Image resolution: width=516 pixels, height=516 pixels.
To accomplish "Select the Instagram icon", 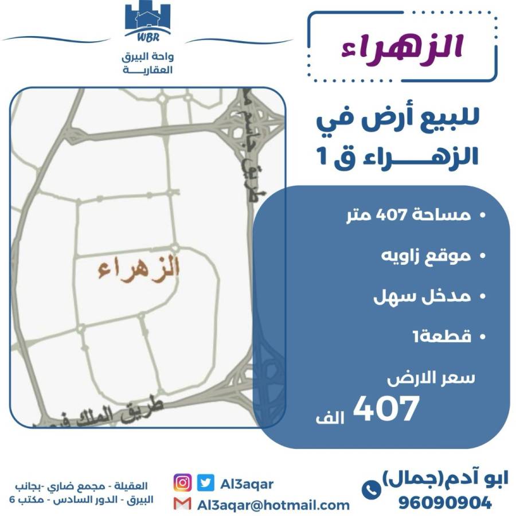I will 182,483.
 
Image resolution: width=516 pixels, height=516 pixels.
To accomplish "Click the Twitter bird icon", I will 205,483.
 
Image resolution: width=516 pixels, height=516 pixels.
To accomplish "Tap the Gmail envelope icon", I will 182,505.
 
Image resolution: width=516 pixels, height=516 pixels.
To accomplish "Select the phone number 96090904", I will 445,503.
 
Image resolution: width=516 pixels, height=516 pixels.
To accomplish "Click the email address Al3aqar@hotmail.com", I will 273,505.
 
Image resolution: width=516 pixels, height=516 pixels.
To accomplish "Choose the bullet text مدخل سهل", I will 422,296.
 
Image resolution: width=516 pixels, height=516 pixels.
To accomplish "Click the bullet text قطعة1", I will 441,337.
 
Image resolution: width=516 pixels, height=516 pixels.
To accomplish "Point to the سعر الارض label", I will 430,379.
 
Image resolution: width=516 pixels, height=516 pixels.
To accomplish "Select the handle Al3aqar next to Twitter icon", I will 247,483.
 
